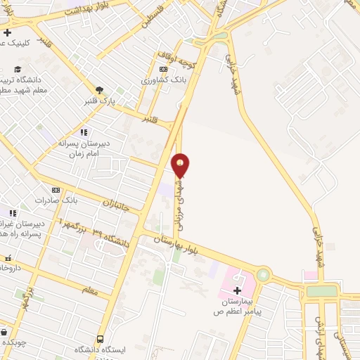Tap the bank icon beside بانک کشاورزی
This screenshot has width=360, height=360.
(164, 70)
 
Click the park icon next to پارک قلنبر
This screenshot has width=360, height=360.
(99, 89)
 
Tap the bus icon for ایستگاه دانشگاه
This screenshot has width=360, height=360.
(101, 339)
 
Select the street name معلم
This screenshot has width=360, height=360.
(90, 290)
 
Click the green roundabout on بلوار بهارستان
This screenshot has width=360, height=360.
(264, 275)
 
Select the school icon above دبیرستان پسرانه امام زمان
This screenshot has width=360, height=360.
(84, 132)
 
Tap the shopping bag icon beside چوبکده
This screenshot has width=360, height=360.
(4, 331)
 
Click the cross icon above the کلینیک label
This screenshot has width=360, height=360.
(7, 32)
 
